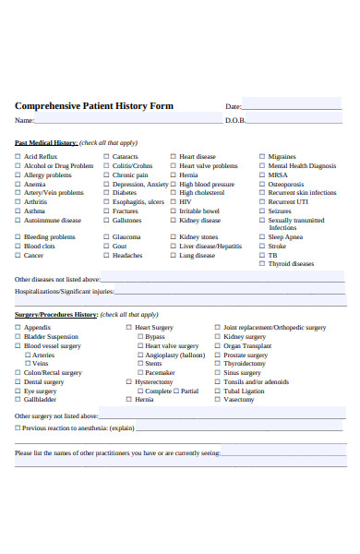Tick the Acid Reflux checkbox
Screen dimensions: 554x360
(18, 157)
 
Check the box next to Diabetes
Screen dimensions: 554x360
(106, 193)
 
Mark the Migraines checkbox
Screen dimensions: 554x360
(262, 157)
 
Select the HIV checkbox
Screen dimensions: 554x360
(173, 202)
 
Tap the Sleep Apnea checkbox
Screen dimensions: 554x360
(262, 236)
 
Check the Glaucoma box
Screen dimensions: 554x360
(106, 236)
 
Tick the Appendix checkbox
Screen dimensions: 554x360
(18, 328)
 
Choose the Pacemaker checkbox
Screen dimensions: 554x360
(139, 372)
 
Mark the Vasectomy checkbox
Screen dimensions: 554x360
(218, 400)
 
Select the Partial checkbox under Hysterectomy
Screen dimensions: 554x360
(175, 391)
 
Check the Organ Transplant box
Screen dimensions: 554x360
(218, 345)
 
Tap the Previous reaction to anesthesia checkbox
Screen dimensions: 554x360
(18, 428)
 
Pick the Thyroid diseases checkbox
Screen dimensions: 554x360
(262, 263)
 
